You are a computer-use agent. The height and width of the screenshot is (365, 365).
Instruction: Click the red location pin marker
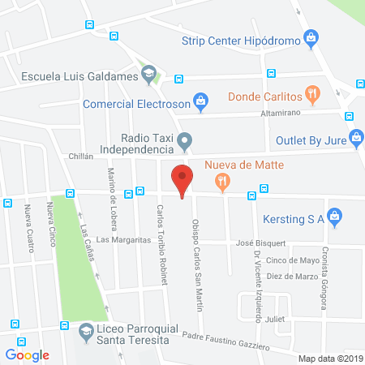point(182,179)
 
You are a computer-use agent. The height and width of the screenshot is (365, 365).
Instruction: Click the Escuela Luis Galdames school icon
point(148,76)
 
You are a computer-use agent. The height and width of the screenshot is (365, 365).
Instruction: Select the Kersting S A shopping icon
point(338,217)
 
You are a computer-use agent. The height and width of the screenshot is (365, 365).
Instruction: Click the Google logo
point(27,354)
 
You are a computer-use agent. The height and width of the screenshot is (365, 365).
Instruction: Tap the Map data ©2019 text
point(328,358)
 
